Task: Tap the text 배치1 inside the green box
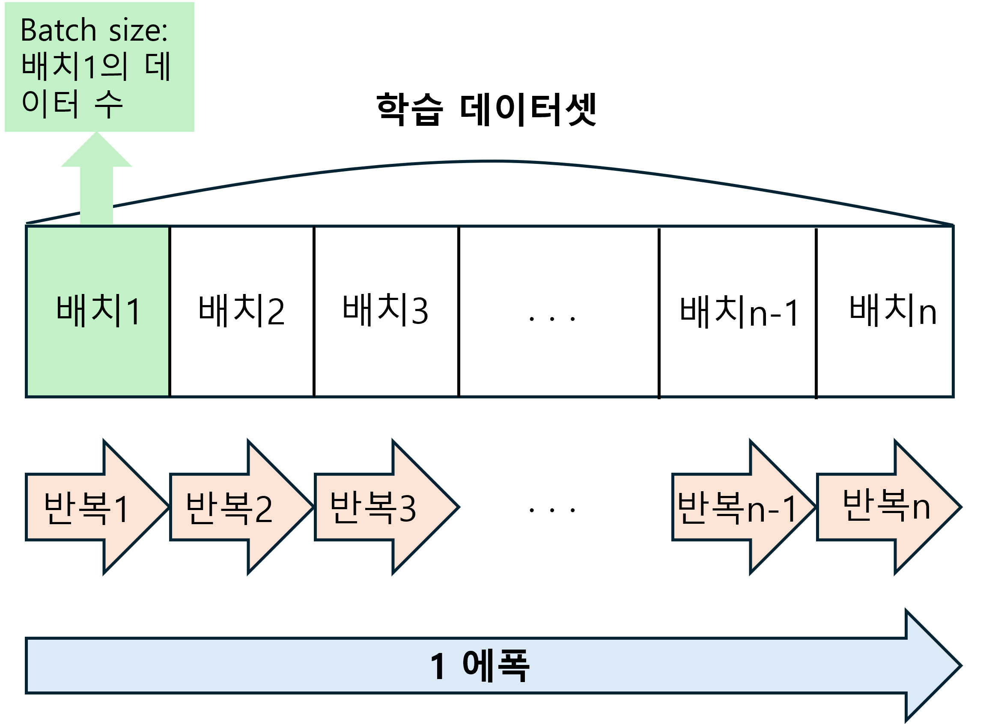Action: [98, 311]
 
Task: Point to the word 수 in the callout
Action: [108, 104]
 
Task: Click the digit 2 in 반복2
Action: [264, 509]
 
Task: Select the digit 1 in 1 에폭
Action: [438, 667]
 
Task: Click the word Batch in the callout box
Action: [59, 31]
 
